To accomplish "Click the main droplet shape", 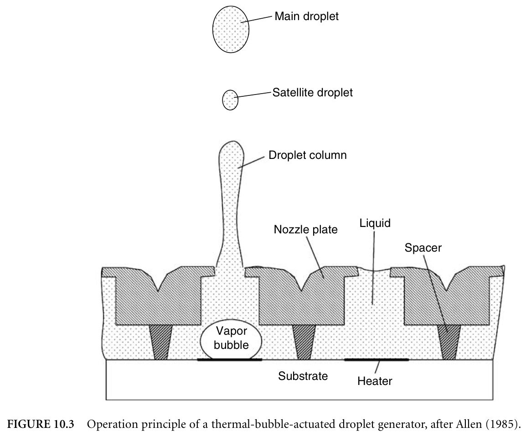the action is click(x=231, y=29).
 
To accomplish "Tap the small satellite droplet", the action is click(x=230, y=100).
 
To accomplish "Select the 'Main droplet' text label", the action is click(x=307, y=16).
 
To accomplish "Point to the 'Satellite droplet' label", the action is click(x=312, y=92).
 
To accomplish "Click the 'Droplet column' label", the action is click(x=308, y=155).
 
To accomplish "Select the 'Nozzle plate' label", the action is click(x=305, y=230).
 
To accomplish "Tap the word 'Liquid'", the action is click(x=375, y=223).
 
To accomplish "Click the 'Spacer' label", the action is click(x=423, y=248).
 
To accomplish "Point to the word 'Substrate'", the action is click(x=303, y=376).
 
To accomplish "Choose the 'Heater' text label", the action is click(x=375, y=381).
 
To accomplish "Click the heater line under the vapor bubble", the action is click(x=229, y=360).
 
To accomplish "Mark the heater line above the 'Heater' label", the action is click(x=376, y=360).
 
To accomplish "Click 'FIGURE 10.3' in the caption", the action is click(x=41, y=424).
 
